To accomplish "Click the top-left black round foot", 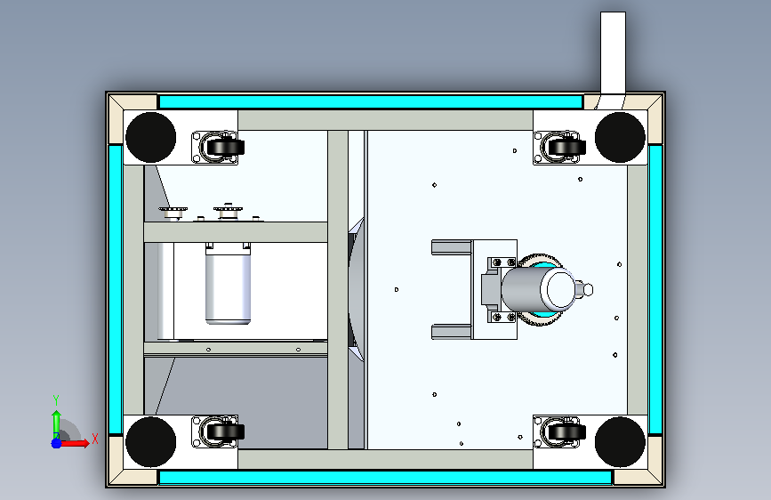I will pyautogui.click(x=150, y=137).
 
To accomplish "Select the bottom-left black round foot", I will pyautogui.click(x=150, y=441).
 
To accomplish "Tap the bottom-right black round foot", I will pyautogui.click(x=619, y=441).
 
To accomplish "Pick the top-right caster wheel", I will pyautogui.click(x=566, y=145).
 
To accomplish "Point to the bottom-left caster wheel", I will pyautogui.click(x=223, y=431).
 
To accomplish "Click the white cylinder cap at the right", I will pyautogui.click(x=561, y=288).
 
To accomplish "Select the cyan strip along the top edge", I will pyautogui.click(x=370, y=101).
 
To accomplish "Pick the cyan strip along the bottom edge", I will pyautogui.click(x=385, y=478).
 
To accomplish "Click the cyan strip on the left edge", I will pyautogui.click(x=115, y=289).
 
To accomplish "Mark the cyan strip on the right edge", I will pyautogui.click(x=655, y=289).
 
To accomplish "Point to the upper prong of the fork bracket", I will pyautogui.click(x=451, y=246).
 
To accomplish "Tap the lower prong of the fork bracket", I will pyautogui.click(x=451, y=332).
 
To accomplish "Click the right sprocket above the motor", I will pyautogui.click(x=229, y=212).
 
